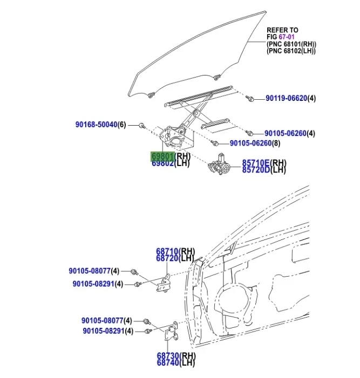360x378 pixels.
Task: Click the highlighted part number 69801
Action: (x=162, y=156)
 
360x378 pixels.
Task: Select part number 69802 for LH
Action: (x=162, y=163)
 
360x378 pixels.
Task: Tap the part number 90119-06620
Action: (x=286, y=98)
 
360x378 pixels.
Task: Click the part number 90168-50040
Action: (x=96, y=125)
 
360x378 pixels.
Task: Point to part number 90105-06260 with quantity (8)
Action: (x=250, y=143)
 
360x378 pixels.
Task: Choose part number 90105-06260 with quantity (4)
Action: (x=285, y=133)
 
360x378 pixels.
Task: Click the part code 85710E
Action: (x=256, y=163)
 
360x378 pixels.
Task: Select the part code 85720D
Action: (x=256, y=170)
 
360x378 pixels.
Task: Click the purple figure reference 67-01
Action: (x=287, y=37)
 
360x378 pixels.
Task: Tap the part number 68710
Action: (x=167, y=251)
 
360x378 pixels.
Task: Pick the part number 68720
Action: (x=167, y=258)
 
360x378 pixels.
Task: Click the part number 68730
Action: (x=168, y=356)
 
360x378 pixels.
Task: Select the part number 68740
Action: (x=168, y=362)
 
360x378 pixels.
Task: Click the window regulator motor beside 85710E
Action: (x=219, y=164)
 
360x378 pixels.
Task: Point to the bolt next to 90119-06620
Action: (x=250, y=98)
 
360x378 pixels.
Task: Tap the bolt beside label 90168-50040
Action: (x=141, y=125)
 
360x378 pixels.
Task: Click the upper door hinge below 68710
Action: (x=164, y=283)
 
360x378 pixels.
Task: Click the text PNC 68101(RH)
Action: (x=291, y=44)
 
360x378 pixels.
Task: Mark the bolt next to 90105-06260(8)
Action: (x=214, y=143)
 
